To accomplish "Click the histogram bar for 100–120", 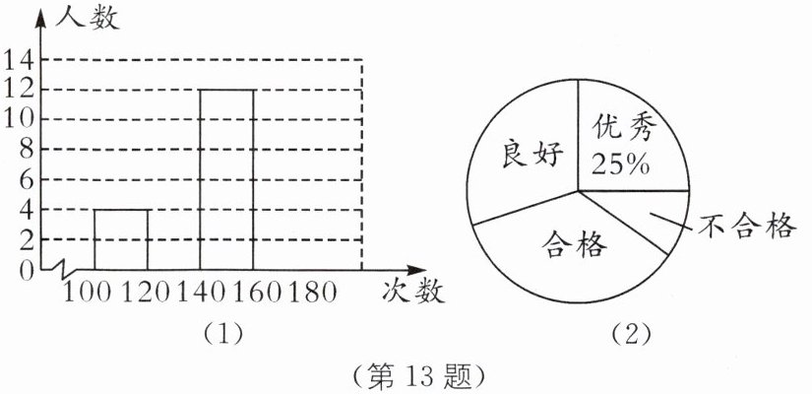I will (x=121, y=238).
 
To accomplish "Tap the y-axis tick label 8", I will (x=26, y=150).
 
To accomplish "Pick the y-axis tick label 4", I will (x=26, y=209).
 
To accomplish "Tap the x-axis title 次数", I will (x=411, y=292).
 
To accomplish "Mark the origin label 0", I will (x=26, y=268).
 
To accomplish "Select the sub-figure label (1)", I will (x=223, y=333).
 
